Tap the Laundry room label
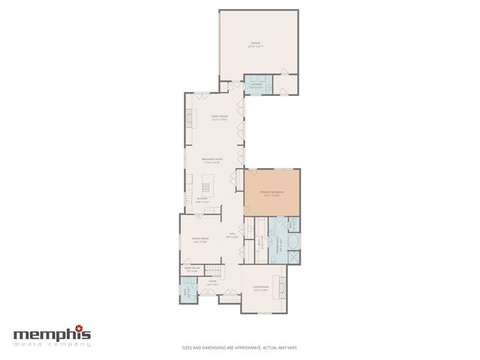pyautogui.click(x=255, y=86)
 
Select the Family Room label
pyautogui.click(x=219, y=118)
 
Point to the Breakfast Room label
pyautogui.click(x=214, y=160)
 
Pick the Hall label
pyautogui.click(x=232, y=235)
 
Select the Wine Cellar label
pyautogui.click(x=191, y=269)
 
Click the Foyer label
pyautogui.click(x=213, y=283)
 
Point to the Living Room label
pyautogui.click(x=260, y=288)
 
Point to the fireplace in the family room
pyautogui.click(x=189, y=118)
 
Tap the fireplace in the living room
pyautogui.click(x=283, y=285)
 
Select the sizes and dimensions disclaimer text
pyautogui.click(x=240, y=348)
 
